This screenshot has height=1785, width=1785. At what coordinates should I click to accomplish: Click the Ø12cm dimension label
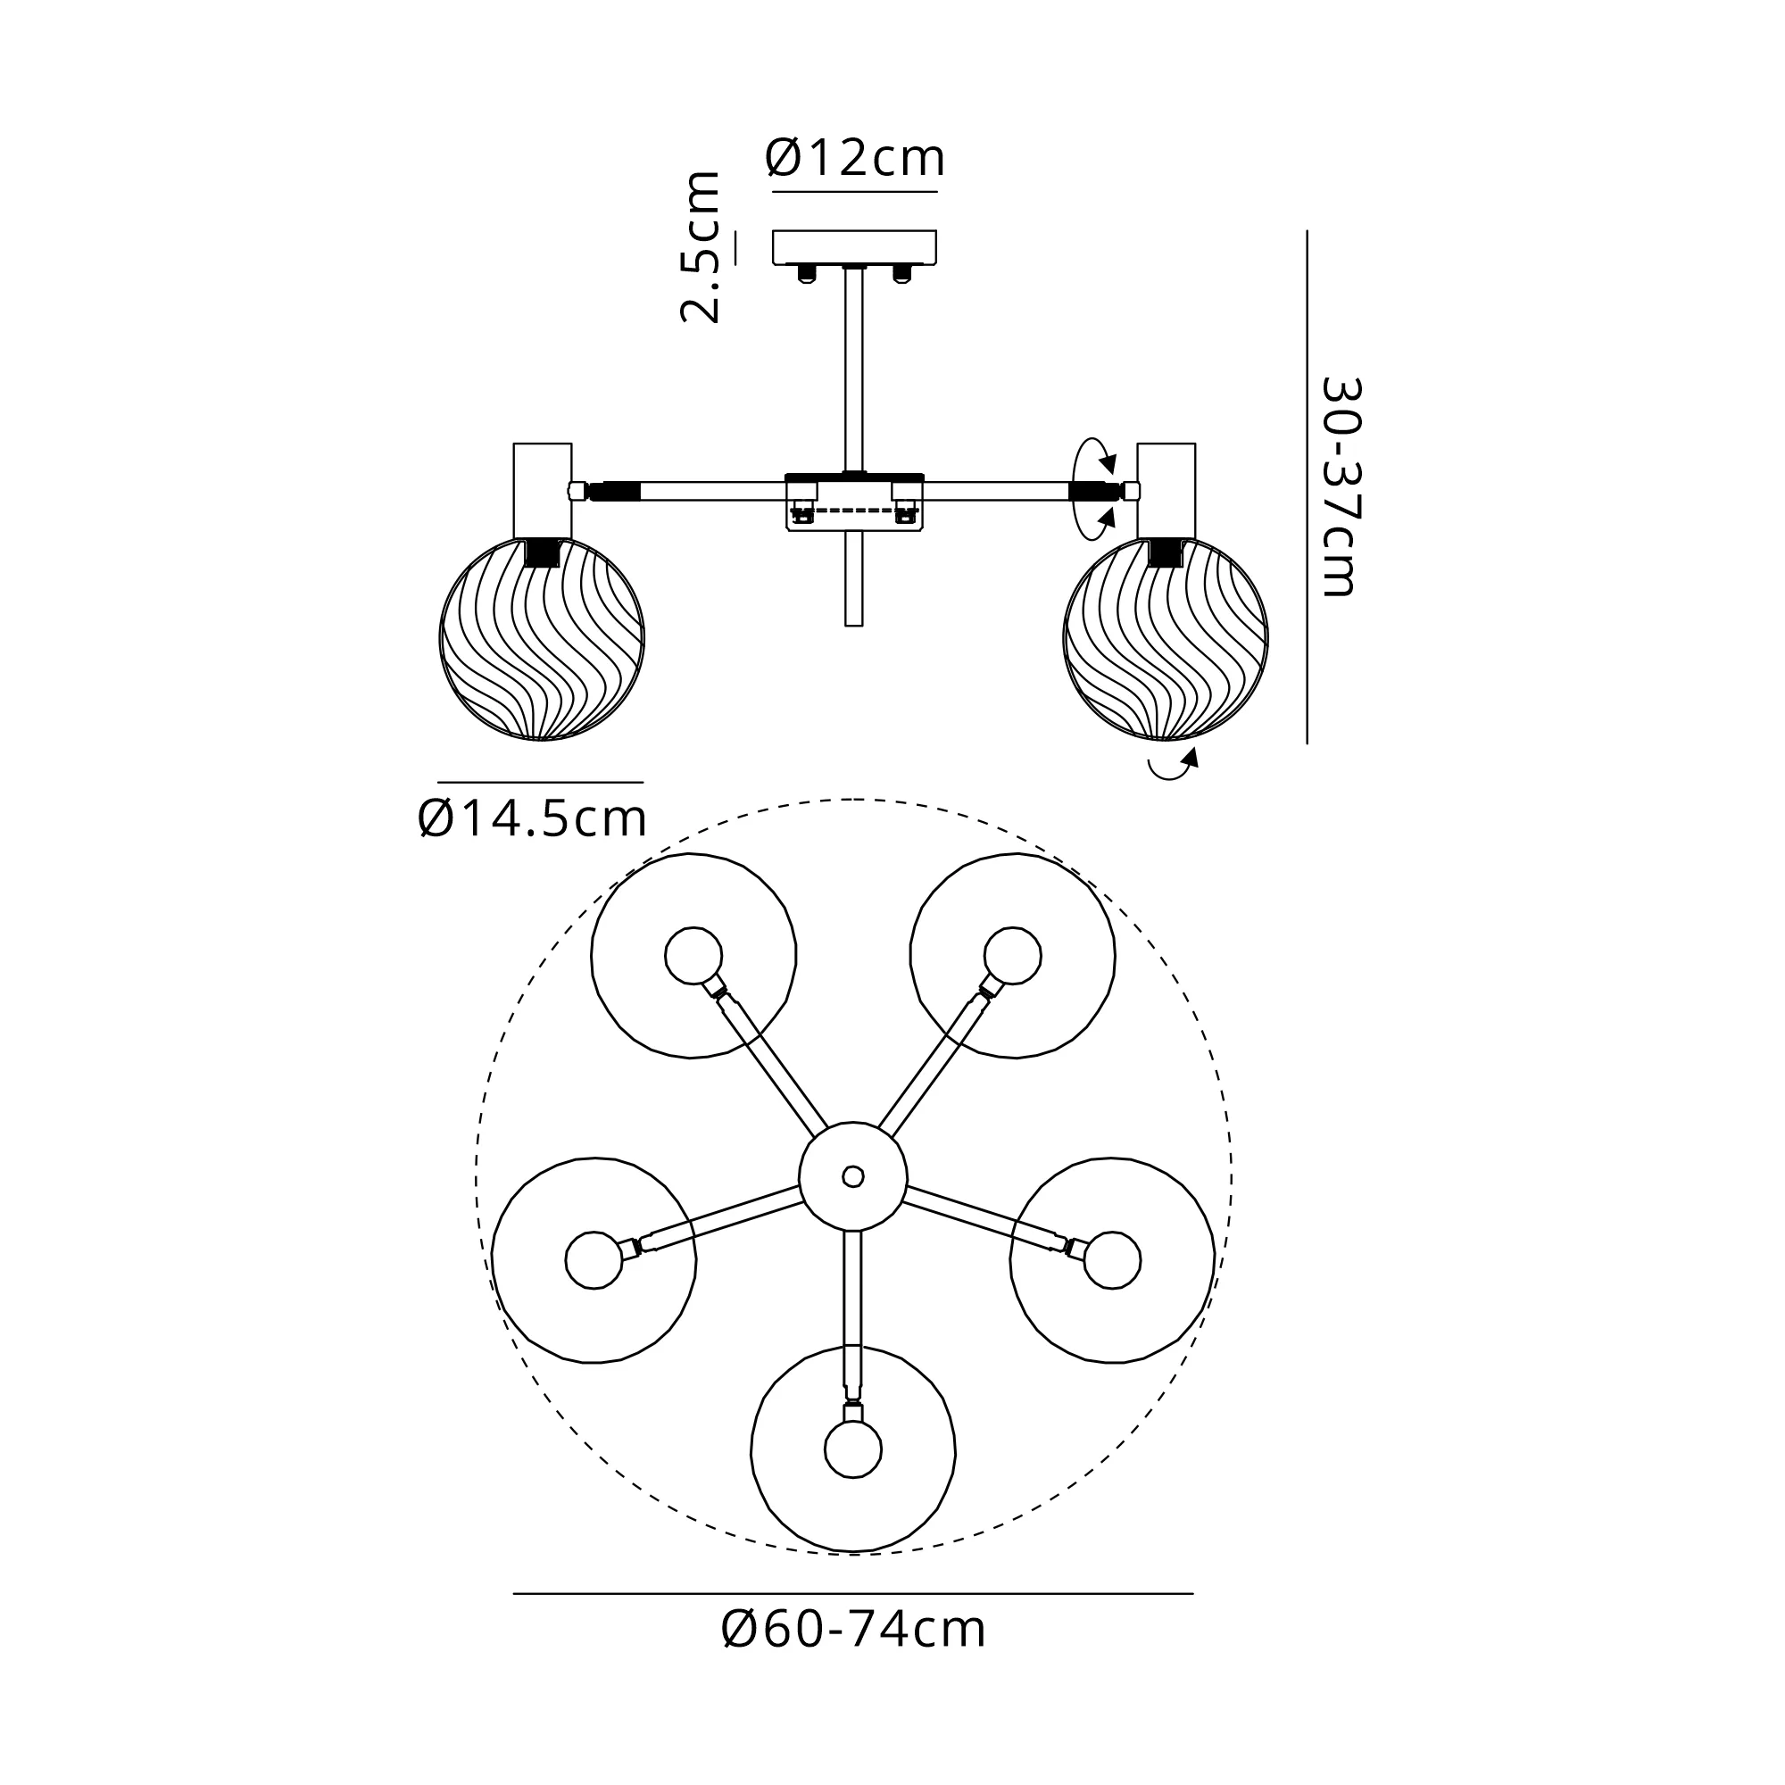pos(855,159)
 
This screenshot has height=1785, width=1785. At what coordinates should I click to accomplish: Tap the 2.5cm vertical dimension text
pos(700,246)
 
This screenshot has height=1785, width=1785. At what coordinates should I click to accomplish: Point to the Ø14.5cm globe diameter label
pos(532,818)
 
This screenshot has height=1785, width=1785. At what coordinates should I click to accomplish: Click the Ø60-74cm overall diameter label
pos(854,1629)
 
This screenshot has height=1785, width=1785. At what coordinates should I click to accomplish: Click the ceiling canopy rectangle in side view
pos(855,246)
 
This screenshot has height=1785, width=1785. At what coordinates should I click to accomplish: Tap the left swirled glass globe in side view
pos(543,638)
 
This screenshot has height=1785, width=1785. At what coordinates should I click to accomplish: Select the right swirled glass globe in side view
pos(1166,638)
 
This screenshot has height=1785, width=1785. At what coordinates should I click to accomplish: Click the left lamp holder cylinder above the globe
pos(544,491)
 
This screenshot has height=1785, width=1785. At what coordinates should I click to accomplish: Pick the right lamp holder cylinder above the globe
pos(1166,491)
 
